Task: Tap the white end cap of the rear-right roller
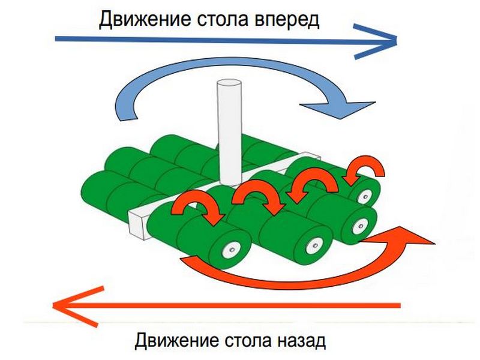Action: coord(364,195)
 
